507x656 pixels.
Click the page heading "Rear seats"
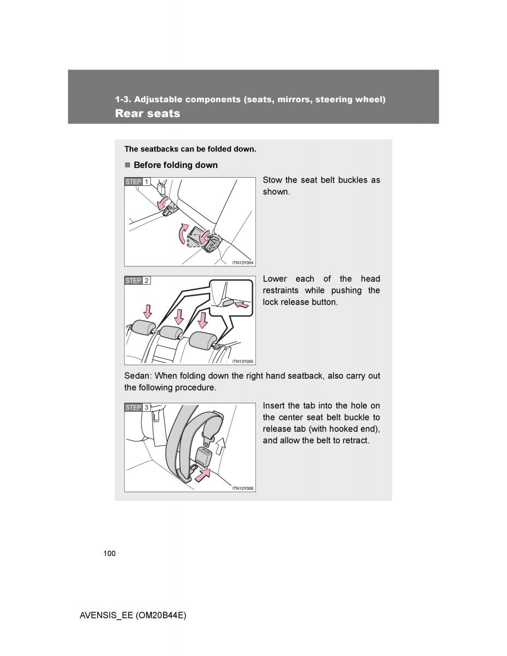point(147,114)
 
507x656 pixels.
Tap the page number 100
point(109,554)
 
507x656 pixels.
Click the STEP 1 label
point(137,182)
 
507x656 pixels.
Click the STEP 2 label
point(137,280)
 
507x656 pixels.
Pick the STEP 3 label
point(137,407)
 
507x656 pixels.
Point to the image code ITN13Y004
point(243,262)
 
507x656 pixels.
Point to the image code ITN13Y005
point(243,361)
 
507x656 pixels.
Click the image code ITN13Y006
point(243,488)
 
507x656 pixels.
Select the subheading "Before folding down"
point(175,165)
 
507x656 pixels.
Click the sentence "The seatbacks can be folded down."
point(190,149)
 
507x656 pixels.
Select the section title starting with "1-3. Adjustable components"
point(250,99)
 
